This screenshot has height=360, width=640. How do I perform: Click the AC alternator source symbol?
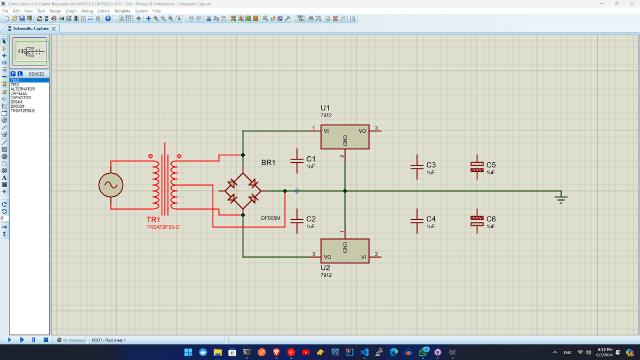111,185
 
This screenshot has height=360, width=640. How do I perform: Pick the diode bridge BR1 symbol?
243,191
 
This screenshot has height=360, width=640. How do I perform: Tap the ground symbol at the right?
561,198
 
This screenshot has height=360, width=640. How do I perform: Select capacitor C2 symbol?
296,220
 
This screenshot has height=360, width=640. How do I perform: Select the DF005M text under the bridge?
270,218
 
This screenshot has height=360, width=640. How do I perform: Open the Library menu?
103,11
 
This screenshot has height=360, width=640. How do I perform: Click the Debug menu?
87,11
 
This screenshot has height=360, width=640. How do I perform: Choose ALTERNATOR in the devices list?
23,89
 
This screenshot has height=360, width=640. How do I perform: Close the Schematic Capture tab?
54,28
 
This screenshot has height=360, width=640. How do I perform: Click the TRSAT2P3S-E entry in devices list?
23,111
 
